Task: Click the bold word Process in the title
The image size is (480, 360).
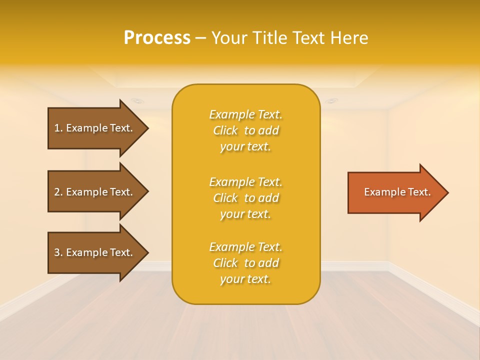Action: click(x=157, y=38)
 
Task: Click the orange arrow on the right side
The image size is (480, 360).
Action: click(x=395, y=192)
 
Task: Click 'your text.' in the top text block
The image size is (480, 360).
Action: click(x=245, y=147)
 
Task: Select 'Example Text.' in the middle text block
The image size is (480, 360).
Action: click(x=245, y=182)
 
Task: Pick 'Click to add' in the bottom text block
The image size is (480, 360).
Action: click(x=245, y=263)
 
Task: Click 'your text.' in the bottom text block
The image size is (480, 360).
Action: click(x=245, y=279)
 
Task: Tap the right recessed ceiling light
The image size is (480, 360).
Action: click(x=331, y=101)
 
